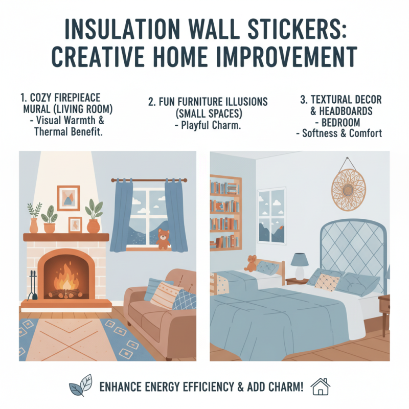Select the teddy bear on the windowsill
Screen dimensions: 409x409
[x=163, y=239]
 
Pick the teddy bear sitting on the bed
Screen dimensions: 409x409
[x=251, y=263]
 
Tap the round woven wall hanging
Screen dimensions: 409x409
[x=348, y=186]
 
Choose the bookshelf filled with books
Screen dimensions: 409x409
[x=225, y=210]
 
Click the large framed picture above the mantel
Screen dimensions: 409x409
[x=68, y=198]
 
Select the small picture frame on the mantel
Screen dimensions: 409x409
[x=75, y=224]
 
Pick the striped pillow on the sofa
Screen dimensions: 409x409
[x=164, y=296]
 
